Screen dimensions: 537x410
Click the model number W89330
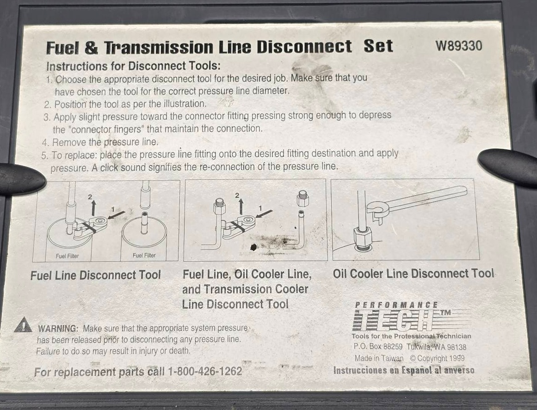(458, 45)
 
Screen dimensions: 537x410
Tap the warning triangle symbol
(23, 325)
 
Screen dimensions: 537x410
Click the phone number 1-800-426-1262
(204, 371)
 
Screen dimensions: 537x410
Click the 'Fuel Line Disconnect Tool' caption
(96, 275)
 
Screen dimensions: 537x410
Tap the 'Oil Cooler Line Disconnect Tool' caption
(414, 274)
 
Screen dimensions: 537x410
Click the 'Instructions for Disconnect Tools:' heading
(134, 66)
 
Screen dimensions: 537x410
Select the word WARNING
(58, 329)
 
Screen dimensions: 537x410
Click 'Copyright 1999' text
(437, 358)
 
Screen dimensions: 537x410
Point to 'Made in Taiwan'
(379, 358)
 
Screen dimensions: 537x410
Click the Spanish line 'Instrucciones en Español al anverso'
(404, 370)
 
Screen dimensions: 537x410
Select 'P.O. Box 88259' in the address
(378, 346)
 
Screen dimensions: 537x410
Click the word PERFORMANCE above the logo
(396, 305)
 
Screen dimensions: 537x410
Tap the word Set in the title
(378, 46)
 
